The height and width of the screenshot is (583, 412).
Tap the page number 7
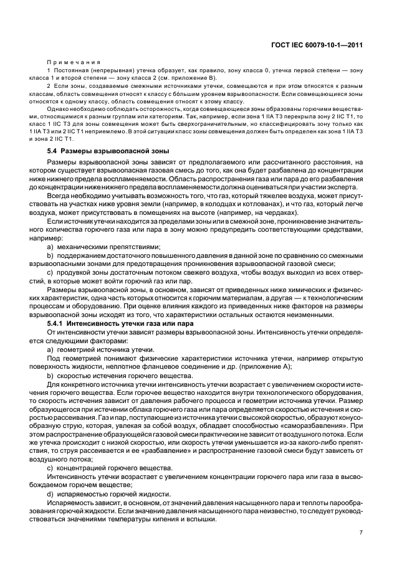(362, 533)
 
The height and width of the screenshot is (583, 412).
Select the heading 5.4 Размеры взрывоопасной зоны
(108, 151)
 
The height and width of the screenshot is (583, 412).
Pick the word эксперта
(343, 187)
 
